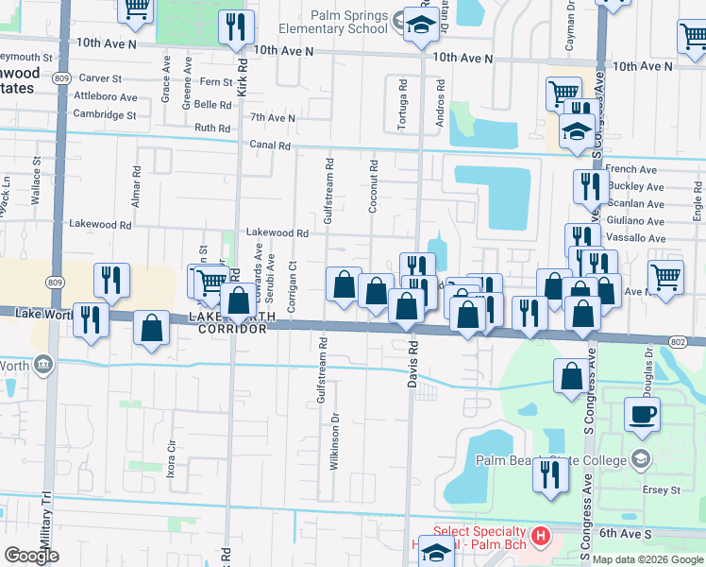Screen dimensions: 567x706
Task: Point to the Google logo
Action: click(31, 555)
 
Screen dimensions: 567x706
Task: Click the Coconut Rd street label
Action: click(374, 186)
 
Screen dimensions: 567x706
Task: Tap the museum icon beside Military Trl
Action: click(42, 364)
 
